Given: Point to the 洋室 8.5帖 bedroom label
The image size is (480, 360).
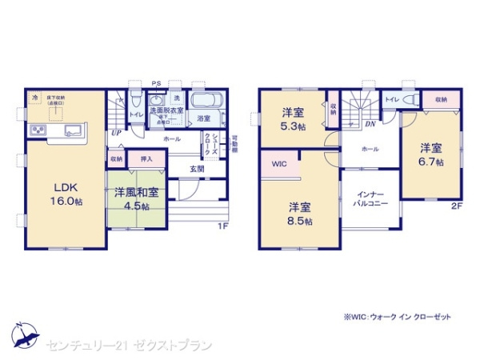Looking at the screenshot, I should (x=300, y=213).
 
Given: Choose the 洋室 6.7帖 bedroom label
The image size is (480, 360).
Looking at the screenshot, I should (x=432, y=154).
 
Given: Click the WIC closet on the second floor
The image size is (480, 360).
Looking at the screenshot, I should (x=278, y=165).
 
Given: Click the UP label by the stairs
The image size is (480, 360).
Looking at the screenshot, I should (x=116, y=133).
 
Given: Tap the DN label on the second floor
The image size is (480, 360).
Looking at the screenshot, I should (x=370, y=124).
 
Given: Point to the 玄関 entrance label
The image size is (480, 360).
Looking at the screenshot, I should (x=197, y=169).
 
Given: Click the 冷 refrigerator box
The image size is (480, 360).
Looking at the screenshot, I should (x=34, y=98).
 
